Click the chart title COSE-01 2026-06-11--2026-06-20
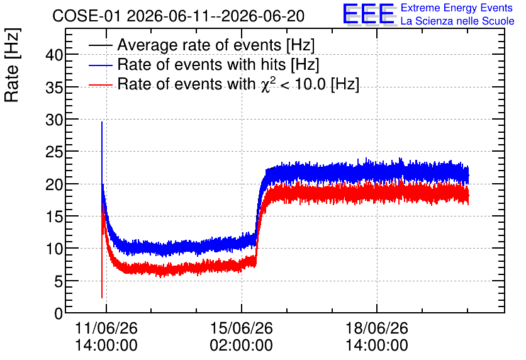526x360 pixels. tap(178, 16)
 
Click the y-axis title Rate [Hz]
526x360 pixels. tap(12, 65)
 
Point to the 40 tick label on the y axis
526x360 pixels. tap(54, 55)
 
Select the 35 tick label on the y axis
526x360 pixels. tap(54, 87)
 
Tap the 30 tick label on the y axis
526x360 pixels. tap(54, 120)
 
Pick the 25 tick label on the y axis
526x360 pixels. tap(54, 152)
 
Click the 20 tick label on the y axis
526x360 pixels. tap(54, 184)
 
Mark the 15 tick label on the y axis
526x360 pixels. tap(54, 217)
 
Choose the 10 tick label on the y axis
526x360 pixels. tap(54, 249)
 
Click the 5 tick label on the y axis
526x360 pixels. tap(59, 281)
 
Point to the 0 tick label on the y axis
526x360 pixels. tap(59, 313)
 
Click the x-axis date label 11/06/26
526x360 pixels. tap(106, 328)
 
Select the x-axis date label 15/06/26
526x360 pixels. tap(242, 328)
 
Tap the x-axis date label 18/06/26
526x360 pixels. tap(377, 328)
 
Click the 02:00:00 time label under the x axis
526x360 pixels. tap(242, 345)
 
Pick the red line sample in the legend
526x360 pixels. tap(100, 85)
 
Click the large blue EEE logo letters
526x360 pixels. tap(369, 14)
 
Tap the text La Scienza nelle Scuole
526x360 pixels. tap(457, 21)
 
